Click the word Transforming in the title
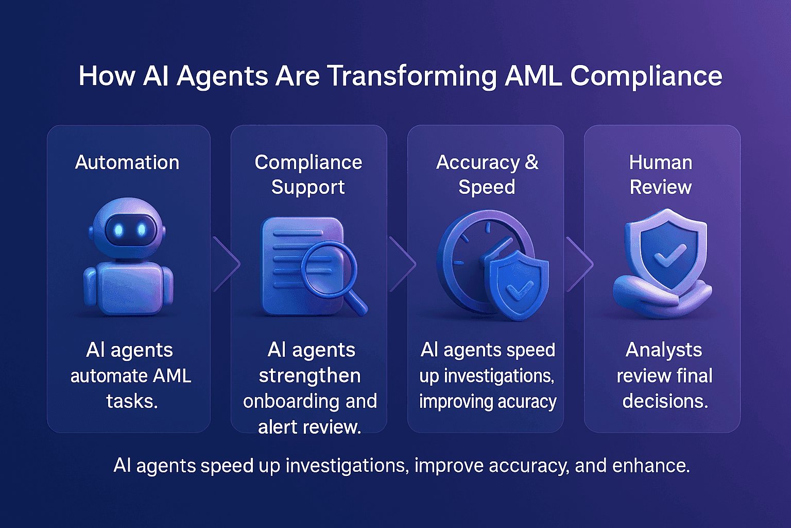[412, 76]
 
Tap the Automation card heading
[127, 162]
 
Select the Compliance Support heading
[308, 174]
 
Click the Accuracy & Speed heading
[487, 174]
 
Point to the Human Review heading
[661, 174]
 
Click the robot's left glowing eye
[118, 230]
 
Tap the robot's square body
[129, 287]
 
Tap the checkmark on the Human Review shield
[668, 255]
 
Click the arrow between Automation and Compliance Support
[227, 264]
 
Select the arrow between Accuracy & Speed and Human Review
[580, 264]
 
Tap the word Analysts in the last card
[663, 350]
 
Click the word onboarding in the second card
[291, 402]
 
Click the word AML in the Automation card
[171, 376]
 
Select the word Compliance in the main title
[646, 76]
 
